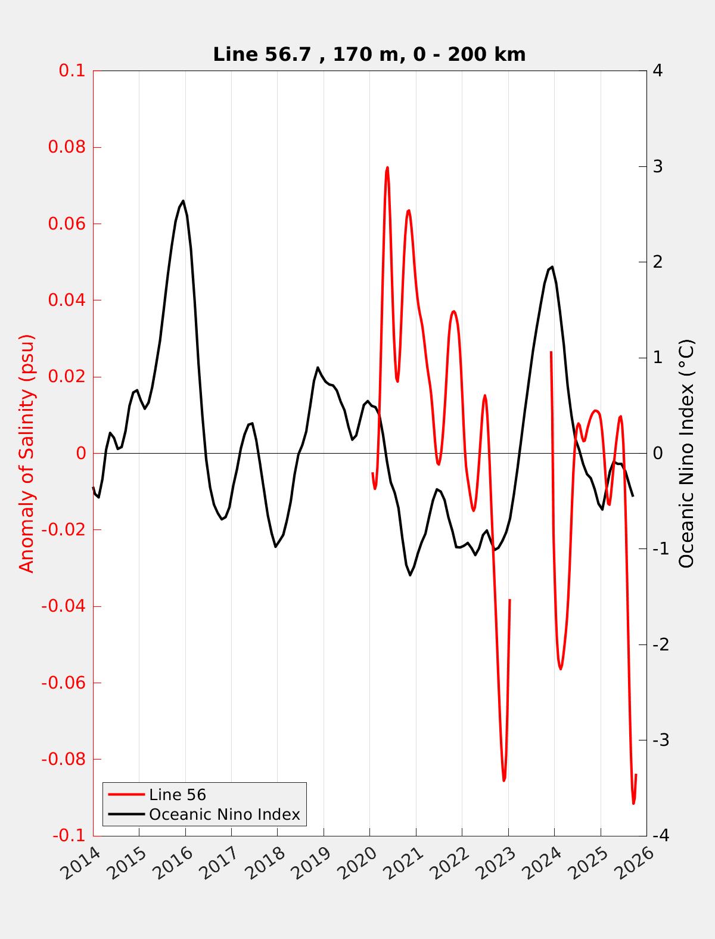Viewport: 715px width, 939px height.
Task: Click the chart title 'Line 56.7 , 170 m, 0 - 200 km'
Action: pos(369,55)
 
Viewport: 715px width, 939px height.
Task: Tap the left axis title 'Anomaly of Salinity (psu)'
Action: pos(27,453)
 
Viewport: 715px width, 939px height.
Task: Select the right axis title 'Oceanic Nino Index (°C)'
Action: pos(686,453)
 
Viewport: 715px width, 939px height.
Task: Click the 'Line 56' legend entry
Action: pos(177,795)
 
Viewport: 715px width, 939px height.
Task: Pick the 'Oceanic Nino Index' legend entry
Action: pos(224,814)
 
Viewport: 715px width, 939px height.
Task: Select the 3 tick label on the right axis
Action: pos(658,166)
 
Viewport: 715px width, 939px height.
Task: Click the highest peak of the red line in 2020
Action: pos(387,168)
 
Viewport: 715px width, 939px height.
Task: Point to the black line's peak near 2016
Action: pos(183,201)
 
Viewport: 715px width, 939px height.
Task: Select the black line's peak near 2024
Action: pos(552,266)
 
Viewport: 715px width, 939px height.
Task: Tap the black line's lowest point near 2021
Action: pos(410,575)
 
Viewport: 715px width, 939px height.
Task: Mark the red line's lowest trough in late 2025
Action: pos(633,804)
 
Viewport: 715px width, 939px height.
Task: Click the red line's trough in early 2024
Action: pos(561,669)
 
